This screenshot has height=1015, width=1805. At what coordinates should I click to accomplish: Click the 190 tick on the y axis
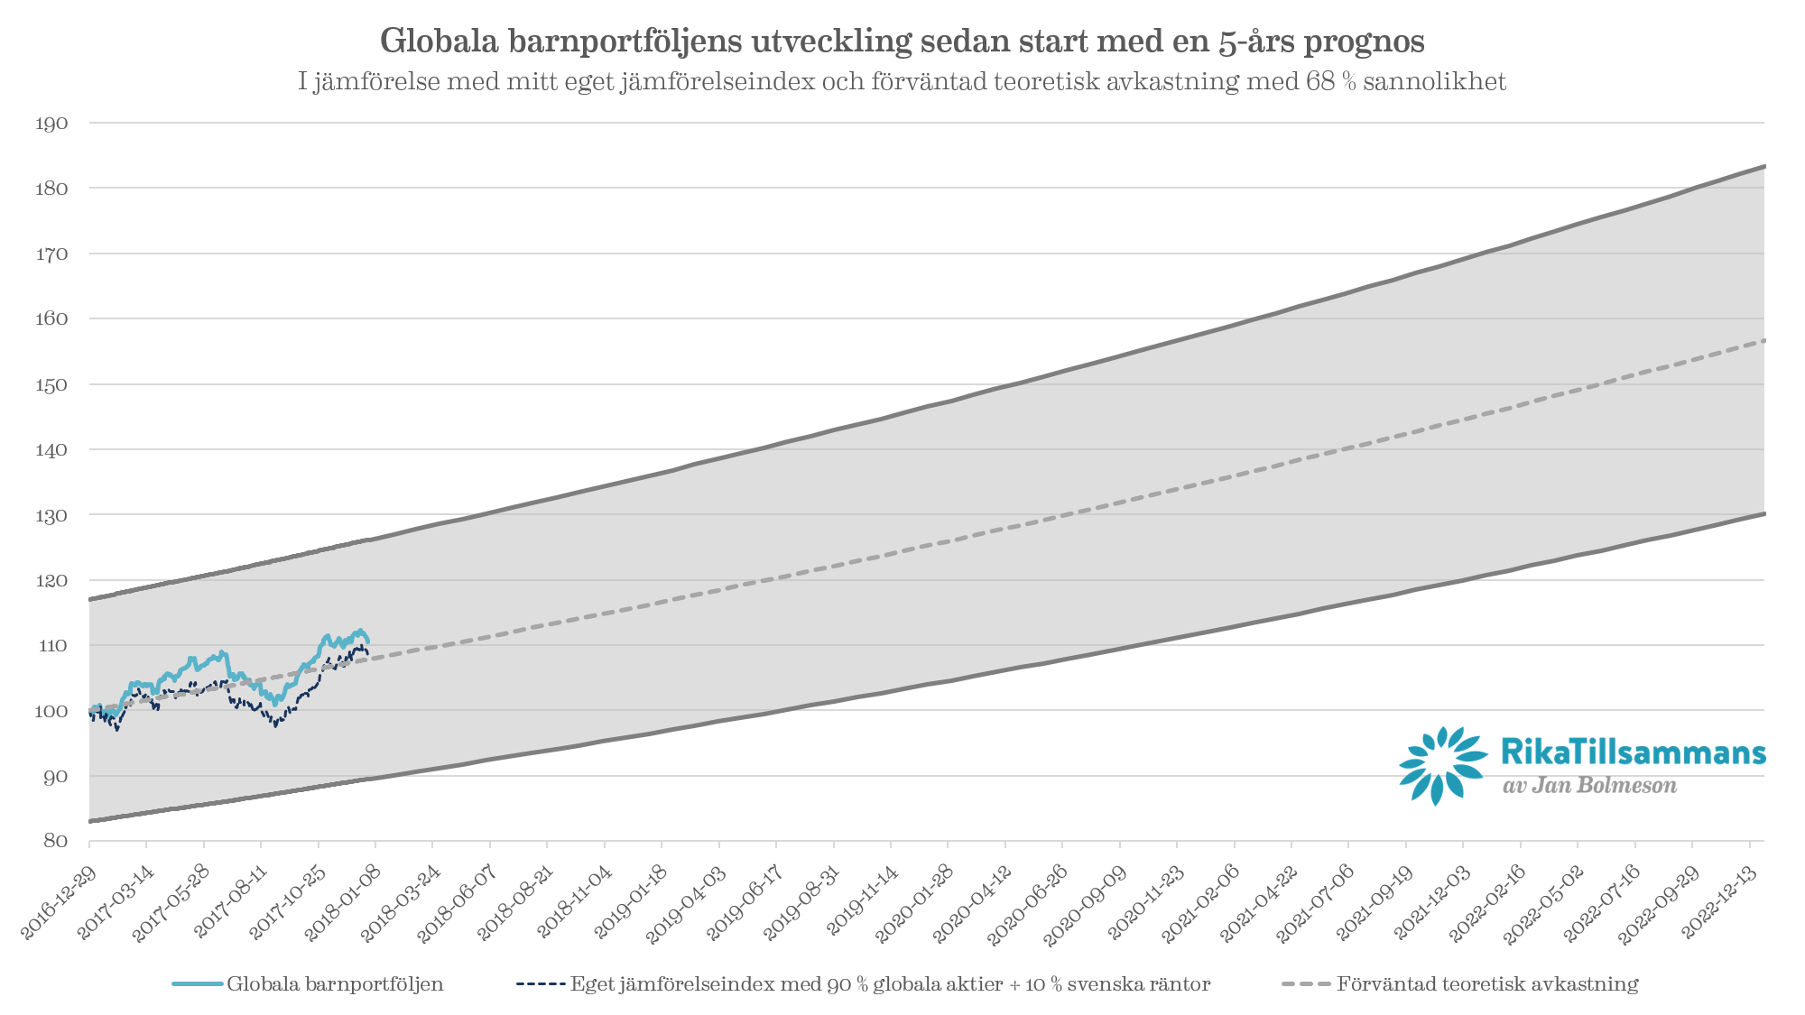(51, 124)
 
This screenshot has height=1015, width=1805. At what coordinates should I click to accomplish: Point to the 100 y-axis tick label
(51, 711)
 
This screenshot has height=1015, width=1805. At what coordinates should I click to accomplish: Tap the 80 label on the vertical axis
(55, 841)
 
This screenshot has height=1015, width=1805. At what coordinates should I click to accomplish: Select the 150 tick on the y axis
(51, 384)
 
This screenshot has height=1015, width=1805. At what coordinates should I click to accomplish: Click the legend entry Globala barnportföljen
(335, 984)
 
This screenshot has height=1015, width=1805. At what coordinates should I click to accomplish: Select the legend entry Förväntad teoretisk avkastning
(1487, 984)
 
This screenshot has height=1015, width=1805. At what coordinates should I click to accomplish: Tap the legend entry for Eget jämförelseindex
(890, 984)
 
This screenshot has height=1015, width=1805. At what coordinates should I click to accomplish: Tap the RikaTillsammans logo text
(1633, 752)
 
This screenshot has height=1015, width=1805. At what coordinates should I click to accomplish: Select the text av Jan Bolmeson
(1589, 786)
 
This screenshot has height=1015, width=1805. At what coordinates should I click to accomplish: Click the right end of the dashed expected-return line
(1763, 341)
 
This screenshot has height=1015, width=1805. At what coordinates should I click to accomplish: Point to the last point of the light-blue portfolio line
(367, 641)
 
